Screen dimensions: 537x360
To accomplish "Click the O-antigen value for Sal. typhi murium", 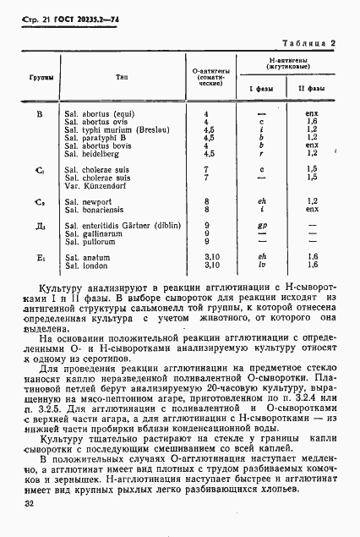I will tap(210, 129).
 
